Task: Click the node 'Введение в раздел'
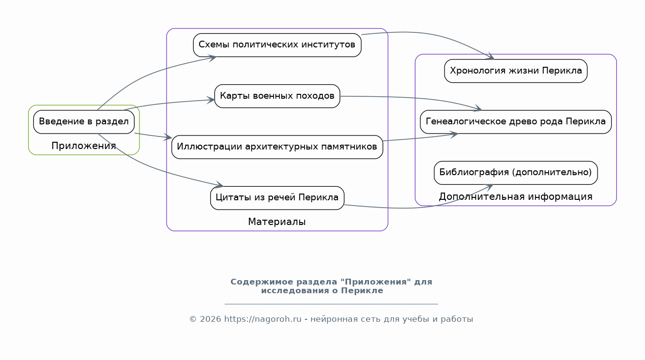tap(84, 122)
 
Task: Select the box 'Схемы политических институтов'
tap(277, 45)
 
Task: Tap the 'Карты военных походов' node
tap(277, 96)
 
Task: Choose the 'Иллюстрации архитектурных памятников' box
tap(277, 147)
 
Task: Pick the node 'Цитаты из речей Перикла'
tap(277, 198)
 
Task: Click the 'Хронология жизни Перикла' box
tap(516, 71)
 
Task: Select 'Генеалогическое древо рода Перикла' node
tap(516, 122)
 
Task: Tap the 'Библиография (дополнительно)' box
tap(516, 173)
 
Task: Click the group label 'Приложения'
tap(84, 146)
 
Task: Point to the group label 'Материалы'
tap(276, 222)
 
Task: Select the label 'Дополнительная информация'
tap(516, 197)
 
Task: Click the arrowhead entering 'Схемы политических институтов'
tap(213, 59)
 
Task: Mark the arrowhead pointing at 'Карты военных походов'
tap(211, 100)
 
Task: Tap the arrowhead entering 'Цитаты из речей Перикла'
tap(220, 185)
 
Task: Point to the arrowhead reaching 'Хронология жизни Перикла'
tap(490, 56)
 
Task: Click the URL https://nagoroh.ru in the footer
tap(262, 319)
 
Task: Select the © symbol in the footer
tap(193, 319)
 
